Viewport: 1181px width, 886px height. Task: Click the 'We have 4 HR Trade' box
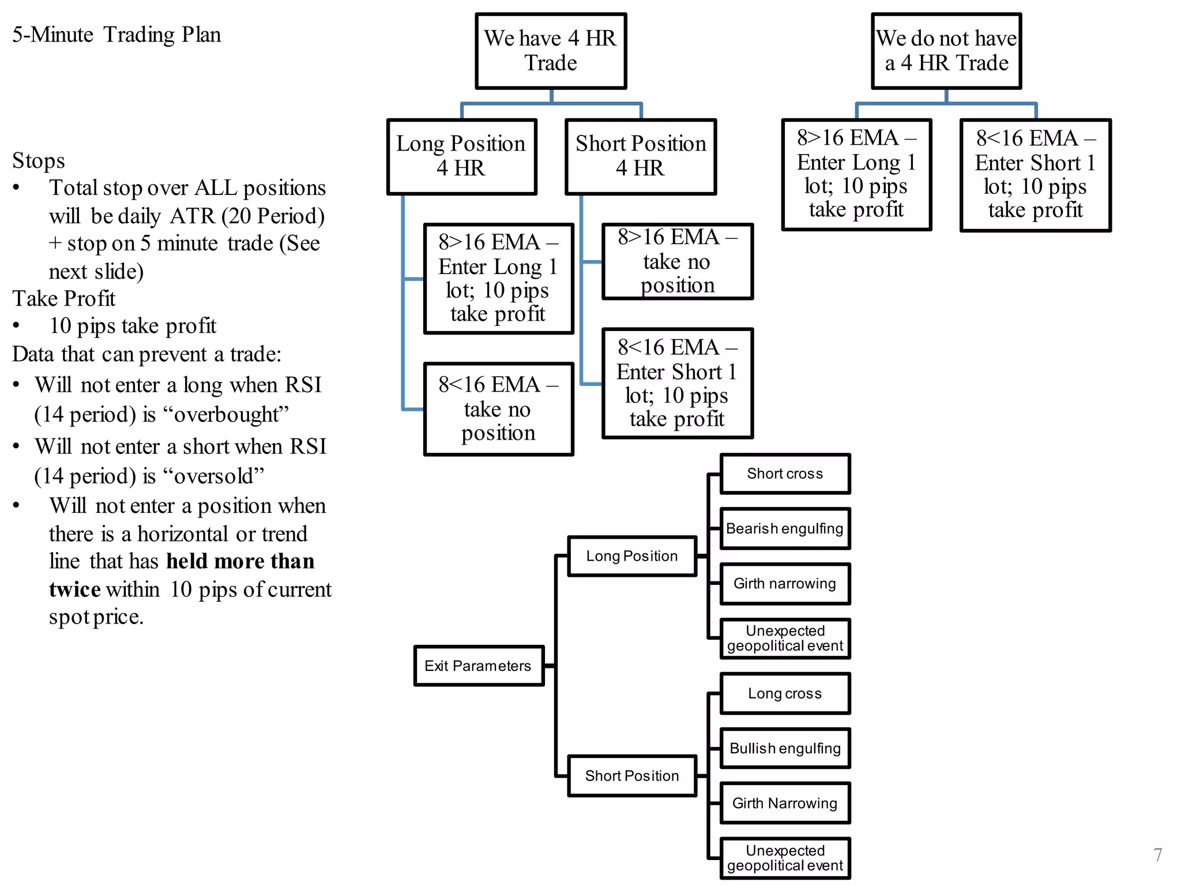point(551,51)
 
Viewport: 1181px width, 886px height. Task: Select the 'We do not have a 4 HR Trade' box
point(946,51)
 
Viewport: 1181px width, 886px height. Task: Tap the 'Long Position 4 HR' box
point(461,156)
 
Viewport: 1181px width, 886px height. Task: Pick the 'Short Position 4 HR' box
point(640,156)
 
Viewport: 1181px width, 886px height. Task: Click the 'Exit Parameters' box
point(479,666)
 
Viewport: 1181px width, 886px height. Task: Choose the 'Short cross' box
point(785,474)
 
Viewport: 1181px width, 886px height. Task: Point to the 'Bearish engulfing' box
point(785,528)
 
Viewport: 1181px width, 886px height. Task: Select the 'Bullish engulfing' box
point(785,748)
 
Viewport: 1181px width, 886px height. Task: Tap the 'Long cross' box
point(785,693)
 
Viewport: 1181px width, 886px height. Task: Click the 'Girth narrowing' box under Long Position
point(785,583)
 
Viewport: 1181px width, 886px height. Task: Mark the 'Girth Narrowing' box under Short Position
point(785,803)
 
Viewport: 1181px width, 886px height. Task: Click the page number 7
point(1157,854)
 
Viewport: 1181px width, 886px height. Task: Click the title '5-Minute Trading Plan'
point(116,35)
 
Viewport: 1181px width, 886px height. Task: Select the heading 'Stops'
point(39,160)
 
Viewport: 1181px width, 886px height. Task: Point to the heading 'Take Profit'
point(64,298)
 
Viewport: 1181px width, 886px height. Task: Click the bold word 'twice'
point(75,589)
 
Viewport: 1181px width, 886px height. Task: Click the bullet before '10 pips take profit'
point(17,325)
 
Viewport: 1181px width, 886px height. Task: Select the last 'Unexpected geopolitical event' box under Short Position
point(785,858)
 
